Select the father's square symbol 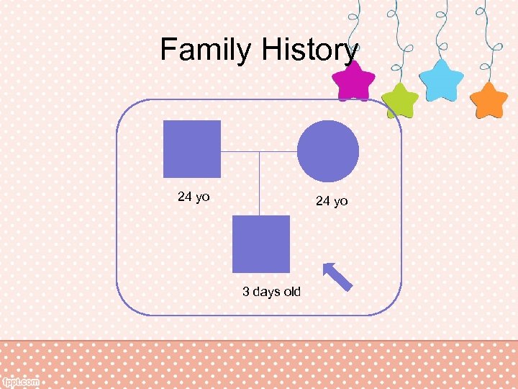point(191,149)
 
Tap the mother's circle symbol point(328,151)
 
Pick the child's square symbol point(260,243)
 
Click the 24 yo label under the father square point(194,197)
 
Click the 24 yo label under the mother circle point(332,202)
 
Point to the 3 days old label point(271,292)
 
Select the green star point(400,99)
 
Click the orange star point(489,99)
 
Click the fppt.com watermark point(21,382)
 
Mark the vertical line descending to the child point(259,184)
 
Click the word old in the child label point(291,292)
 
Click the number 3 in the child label point(246,292)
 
